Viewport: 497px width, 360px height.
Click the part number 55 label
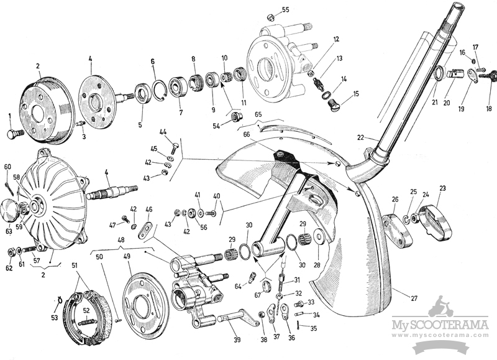click(285, 9)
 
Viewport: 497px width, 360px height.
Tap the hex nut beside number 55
click(270, 17)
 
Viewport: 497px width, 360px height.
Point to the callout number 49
click(127, 256)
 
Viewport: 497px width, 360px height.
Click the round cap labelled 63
click(9, 208)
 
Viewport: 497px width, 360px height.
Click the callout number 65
click(258, 114)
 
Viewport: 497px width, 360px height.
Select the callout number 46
click(149, 210)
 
